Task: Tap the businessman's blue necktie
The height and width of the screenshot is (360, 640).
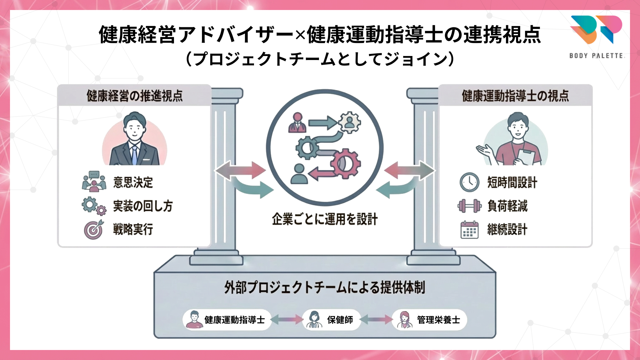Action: tap(134, 155)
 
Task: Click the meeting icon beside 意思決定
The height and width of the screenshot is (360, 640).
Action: tap(94, 182)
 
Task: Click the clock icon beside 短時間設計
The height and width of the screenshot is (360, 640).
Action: tap(469, 182)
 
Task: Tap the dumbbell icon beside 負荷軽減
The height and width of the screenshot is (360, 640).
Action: tap(469, 206)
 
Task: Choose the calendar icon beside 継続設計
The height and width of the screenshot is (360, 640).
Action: tap(469, 230)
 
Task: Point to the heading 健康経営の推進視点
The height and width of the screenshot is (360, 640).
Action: tap(135, 96)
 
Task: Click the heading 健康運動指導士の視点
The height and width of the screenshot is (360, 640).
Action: tap(515, 96)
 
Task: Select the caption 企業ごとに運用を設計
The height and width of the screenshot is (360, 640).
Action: tap(325, 219)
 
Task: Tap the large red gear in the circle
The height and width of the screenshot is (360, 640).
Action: tap(346, 164)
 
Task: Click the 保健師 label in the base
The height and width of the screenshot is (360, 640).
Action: tap(340, 320)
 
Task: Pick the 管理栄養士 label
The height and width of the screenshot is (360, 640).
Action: tap(438, 320)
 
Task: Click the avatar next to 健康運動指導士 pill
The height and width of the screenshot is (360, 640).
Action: tap(194, 320)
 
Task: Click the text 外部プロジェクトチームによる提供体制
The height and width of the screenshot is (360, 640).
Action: tap(325, 287)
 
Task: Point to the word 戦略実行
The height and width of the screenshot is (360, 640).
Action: tap(133, 229)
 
